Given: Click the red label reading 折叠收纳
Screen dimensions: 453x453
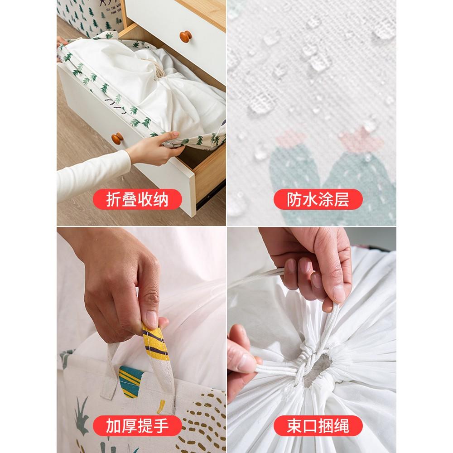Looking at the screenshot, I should click(136, 200).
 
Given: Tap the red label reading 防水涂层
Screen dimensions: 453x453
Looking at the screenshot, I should click(318, 200).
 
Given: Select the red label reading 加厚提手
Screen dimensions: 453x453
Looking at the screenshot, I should click(136, 426).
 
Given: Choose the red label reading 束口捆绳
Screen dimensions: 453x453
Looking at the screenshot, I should click(318, 426).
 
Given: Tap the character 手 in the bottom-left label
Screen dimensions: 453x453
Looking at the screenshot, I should click(159, 426).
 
